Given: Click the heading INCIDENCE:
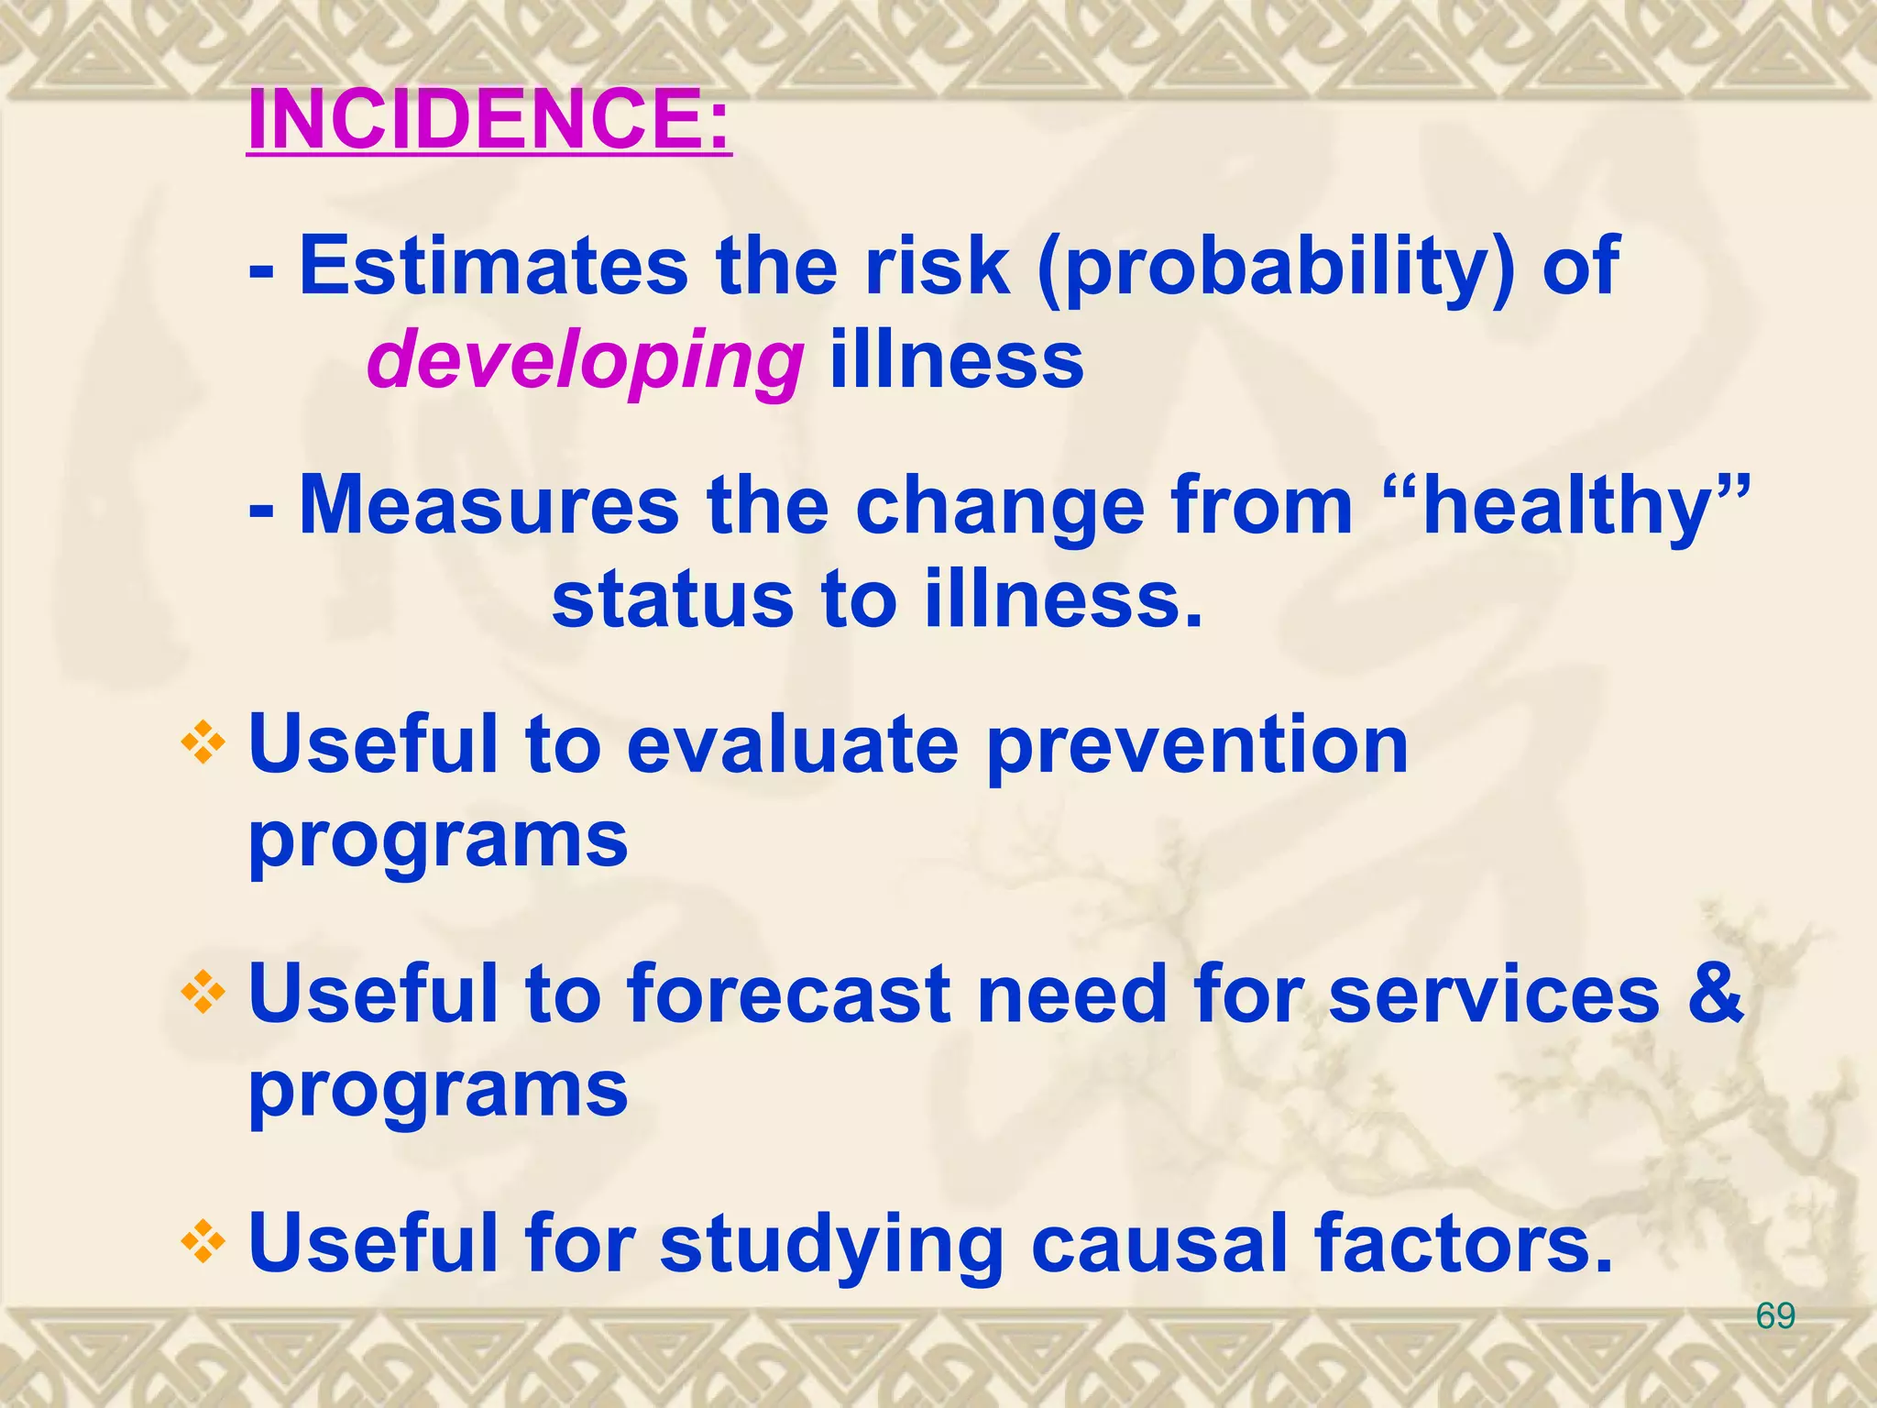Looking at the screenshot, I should click(x=489, y=120).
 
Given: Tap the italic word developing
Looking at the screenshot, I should click(x=585, y=361).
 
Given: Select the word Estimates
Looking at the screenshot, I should click(x=493, y=266).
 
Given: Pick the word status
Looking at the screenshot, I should click(x=672, y=600).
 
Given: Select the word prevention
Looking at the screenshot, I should click(x=1197, y=747).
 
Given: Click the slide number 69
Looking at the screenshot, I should click(x=1775, y=1316).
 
